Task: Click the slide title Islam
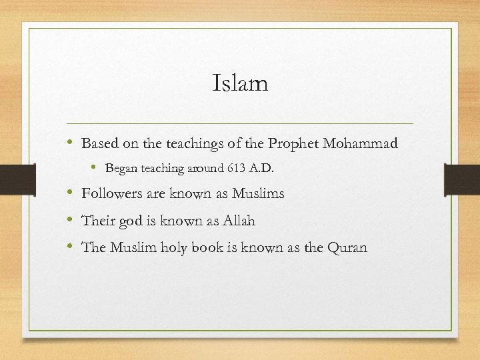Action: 240,83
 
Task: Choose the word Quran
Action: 347,247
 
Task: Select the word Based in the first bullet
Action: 99,143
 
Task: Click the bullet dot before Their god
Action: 71,221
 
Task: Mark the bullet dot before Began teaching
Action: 97,169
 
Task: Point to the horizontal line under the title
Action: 240,124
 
